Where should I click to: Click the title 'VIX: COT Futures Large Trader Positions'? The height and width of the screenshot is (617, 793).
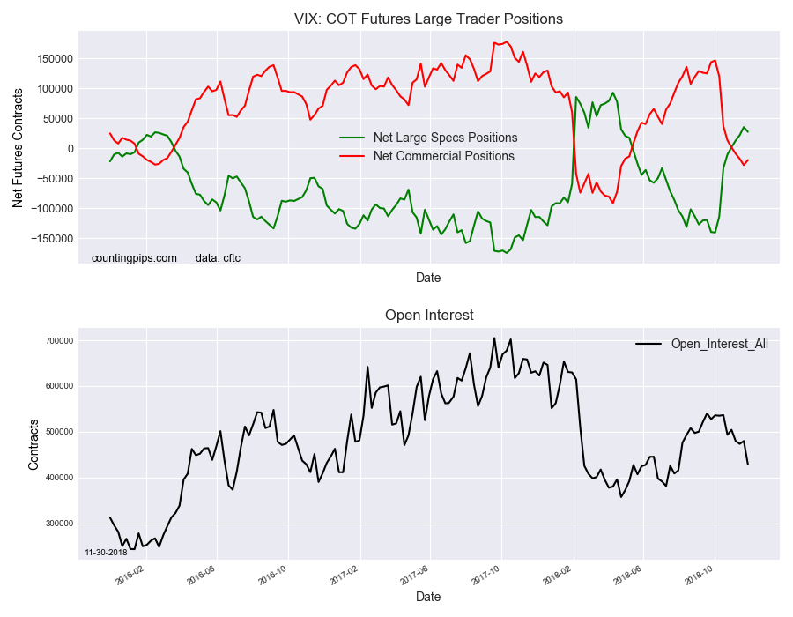[x=428, y=19]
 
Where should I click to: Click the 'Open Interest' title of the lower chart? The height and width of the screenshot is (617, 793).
[x=429, y=316]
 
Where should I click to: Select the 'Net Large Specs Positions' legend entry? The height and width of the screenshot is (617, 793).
[x=445, y=138]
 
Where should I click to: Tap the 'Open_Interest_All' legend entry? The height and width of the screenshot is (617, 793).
[x=719, y=344]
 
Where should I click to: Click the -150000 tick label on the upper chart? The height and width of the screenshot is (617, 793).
[x=51, y=238]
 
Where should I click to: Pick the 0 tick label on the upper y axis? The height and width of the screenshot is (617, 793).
[x=69, y=148]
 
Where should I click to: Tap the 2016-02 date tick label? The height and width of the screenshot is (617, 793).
[x=130, y=574]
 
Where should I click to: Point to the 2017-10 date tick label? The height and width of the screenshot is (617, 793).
[x=486, y=574]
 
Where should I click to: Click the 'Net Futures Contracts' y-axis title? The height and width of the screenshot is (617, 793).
[x=18, y=147]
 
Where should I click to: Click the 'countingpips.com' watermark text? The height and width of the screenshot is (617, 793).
[x=134, y=258]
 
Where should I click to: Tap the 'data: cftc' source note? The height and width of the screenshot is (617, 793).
[x=218, y=258]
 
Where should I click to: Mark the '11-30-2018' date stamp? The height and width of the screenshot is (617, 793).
[x=106, y=553]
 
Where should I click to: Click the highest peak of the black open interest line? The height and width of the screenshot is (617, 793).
[x=493, y=338]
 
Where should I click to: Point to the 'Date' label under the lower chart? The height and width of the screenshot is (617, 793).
[x=428, y=597]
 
